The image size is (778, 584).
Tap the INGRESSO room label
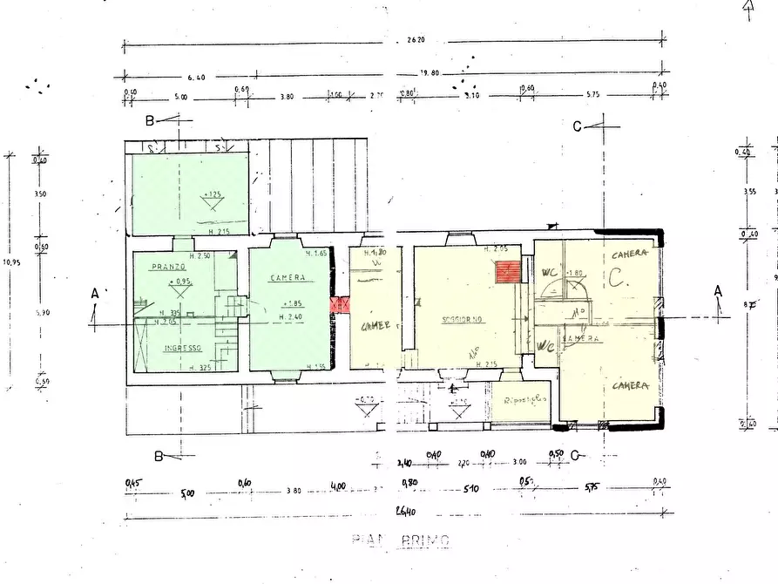183,347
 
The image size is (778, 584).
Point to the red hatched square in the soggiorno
507,272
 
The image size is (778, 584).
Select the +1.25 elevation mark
212,193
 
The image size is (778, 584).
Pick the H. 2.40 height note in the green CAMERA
290,316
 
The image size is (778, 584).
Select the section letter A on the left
95,295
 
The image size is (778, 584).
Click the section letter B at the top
149,120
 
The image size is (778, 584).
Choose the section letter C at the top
577,126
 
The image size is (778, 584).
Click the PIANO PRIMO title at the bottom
402,540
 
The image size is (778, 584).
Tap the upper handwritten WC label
550,272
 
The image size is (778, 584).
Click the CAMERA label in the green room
288,278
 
